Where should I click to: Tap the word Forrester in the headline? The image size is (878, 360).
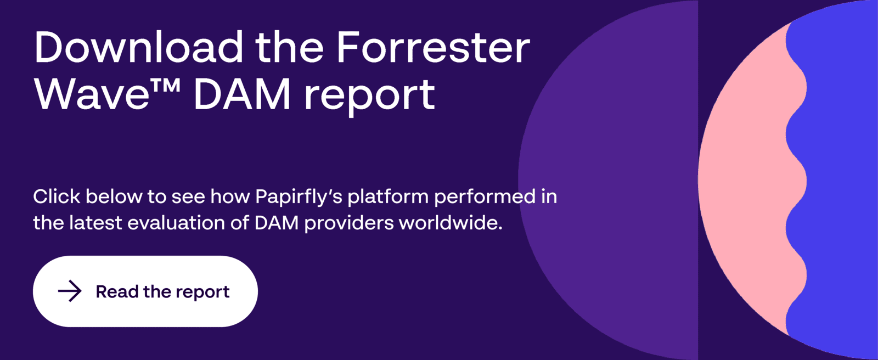[x=433, y=47]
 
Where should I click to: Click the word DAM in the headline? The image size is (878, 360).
[x=242, y=94]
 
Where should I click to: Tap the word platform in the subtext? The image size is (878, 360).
[x=388, y=198]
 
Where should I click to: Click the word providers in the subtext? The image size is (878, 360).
[x=349, y=224]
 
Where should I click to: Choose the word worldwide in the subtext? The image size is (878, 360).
[x=451, y=223]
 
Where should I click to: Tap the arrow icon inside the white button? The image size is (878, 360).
[x=70, y=291]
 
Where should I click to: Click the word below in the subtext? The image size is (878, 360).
[x=114, y=196]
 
